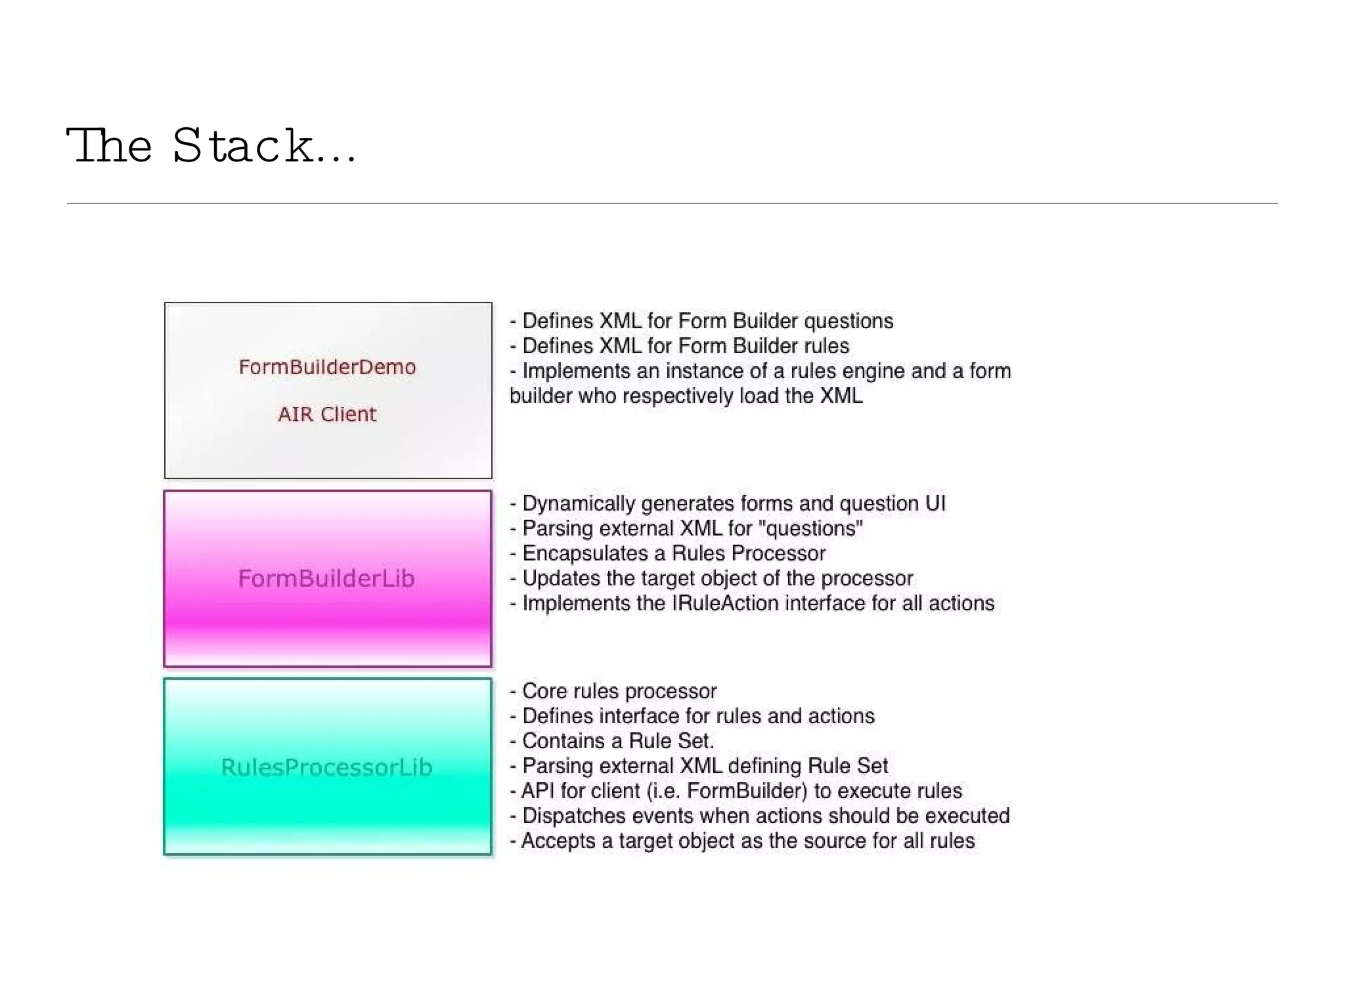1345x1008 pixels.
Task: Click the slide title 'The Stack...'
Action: pos(211,146)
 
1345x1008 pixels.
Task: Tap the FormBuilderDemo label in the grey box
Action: pos(327,367)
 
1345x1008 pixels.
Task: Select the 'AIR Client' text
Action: pos(327,414)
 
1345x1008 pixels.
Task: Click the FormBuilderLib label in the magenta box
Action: pos(326,578)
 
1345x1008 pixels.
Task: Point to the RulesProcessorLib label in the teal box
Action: pos(326,767)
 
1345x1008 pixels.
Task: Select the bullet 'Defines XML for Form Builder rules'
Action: pos(680,346)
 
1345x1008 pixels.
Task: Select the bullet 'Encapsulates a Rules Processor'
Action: pos(668,553)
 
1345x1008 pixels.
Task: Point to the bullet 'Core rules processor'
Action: pos(613,691)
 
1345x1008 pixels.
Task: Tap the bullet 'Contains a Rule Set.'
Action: pos(612,741)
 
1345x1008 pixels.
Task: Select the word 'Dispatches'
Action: pos(569,816)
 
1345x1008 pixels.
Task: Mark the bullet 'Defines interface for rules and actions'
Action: pos(692,716)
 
